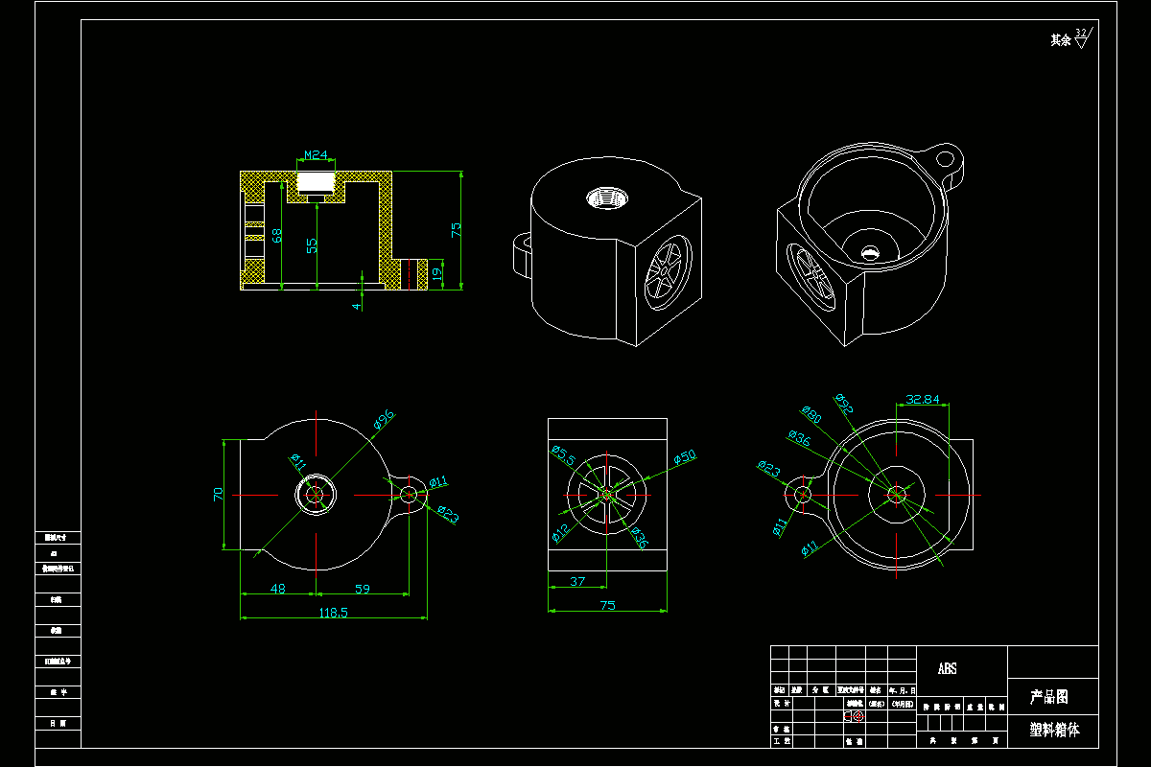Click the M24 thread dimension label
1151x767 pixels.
(316, 154)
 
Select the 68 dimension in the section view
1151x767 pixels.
(276, 236)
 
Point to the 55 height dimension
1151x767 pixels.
(311, 245)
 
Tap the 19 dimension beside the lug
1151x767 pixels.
(437, 273)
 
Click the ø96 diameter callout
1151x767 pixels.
(384, 420)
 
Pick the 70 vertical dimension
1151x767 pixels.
(219, 494)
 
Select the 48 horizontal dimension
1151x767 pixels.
(277, 589)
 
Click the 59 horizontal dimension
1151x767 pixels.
(363, 589)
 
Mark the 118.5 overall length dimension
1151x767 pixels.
(331, 612)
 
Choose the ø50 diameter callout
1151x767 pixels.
(685, 457)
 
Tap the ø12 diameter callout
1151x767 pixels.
(561, 529)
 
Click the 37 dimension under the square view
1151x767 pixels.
(577, 581)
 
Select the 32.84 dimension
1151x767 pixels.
(922, 399)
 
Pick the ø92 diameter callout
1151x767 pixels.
(844, 403)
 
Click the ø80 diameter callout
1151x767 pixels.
(810, 416)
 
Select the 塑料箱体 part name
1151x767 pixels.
(1054, 730)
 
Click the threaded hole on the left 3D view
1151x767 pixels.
(606, 199)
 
